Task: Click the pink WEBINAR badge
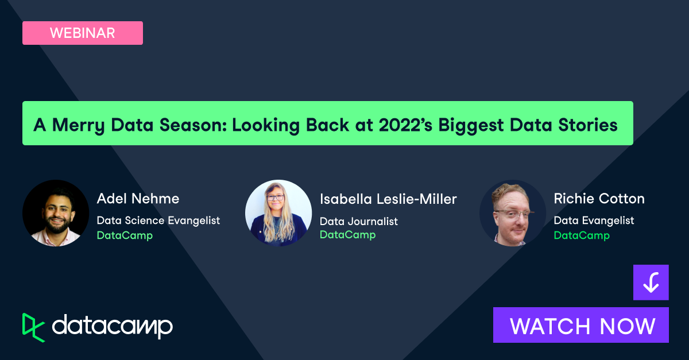tap(82, 33)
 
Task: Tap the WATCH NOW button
tap(581, 326)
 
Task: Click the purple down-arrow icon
tap(651, 282)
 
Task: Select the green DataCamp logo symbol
tap(33, 327)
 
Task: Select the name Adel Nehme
tap(138, 199)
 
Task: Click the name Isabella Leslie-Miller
tap(388, 199)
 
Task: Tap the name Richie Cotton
tap(599, 199)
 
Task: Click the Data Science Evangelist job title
tap(158, 220)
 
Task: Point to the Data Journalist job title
tap(358, 221)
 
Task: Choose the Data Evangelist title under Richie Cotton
tap(594, 220)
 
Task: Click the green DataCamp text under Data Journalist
tap(347, 235)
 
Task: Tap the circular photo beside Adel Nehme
tap(56, 213)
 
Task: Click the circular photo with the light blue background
tap(278, 213)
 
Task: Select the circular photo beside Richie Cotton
tap(512, 213)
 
